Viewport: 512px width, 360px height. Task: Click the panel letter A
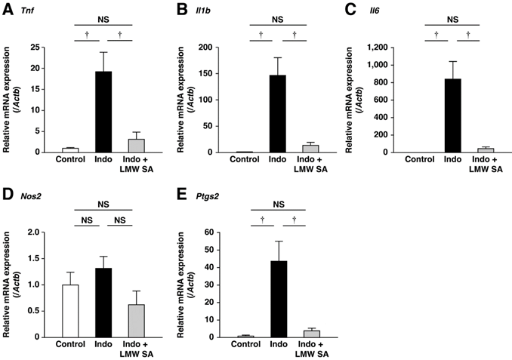point(6,8)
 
